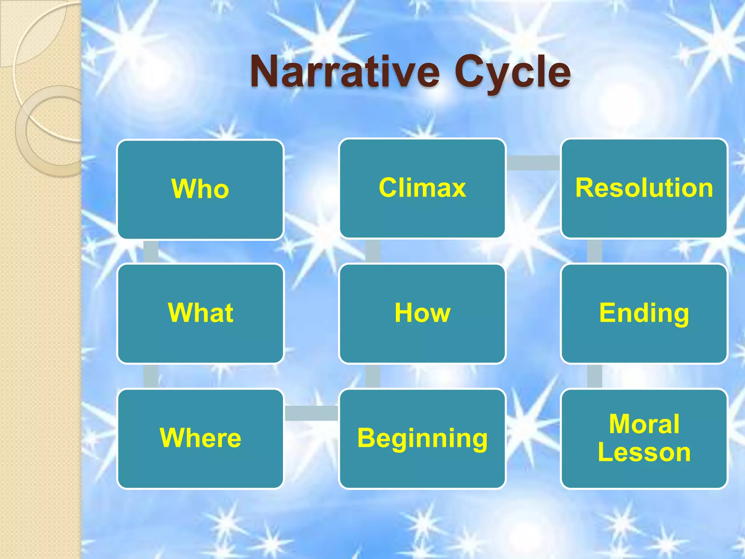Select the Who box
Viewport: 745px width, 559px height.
(x=200, y=189)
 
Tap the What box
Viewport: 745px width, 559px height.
(x=200, y=313)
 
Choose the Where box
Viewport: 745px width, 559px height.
(x=200, y=438)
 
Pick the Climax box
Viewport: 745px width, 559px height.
(x=422, y=188)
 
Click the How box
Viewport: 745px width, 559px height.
(x=422, y=313)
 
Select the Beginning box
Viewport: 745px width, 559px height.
(x=422, y=438)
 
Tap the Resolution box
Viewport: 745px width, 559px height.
(x=644, y=188)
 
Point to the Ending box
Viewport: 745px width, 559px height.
(x=644, y=313)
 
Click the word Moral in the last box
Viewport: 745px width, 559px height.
(x=644, y=424)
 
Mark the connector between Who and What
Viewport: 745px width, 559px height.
(x=151, y=251)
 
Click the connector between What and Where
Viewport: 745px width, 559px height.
(x=151, y=376)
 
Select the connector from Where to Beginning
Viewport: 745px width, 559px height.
(x=311, y=413)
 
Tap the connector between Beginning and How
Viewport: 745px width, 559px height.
(x=372, y=376)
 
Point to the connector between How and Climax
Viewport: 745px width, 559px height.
(x=372, y=251)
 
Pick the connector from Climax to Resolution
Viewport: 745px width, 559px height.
(x=533, y=163)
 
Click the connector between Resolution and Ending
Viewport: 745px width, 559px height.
(x=594, y=251)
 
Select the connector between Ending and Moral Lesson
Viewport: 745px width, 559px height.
(x=594, y=376)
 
